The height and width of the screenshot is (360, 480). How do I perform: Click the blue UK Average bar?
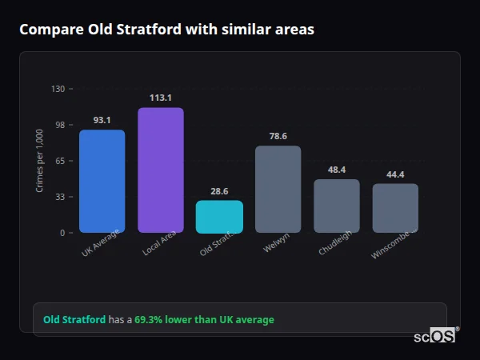[102, 181]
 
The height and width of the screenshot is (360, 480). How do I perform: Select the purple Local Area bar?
[160, 170]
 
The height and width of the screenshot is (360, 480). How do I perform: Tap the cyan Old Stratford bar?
[219, 216]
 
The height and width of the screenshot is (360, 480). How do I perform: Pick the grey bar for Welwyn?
[278, 189]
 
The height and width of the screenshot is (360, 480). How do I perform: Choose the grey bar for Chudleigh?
[336, 206]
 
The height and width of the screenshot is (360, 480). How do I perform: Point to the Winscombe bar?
[395, 208]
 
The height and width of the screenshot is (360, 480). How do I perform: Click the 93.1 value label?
[102, 120]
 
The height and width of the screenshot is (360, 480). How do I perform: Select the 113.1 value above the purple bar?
[160, 98]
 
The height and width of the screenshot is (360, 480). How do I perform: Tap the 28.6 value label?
[219, 191]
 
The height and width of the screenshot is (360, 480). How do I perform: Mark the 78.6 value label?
[278, 136]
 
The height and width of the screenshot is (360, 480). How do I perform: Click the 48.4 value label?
[336, 170]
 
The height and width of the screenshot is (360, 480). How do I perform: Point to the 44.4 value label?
[395, 174]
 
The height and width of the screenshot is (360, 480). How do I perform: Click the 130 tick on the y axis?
[58, 89]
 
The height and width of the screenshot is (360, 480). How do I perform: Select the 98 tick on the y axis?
[59, 125]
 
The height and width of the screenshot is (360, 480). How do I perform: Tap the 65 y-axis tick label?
[59, 161]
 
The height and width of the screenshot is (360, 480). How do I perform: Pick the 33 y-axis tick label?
[59, 197]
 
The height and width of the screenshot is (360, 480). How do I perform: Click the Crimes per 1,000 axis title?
[40, 161]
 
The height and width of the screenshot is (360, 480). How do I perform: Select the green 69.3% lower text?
[204, 319]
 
